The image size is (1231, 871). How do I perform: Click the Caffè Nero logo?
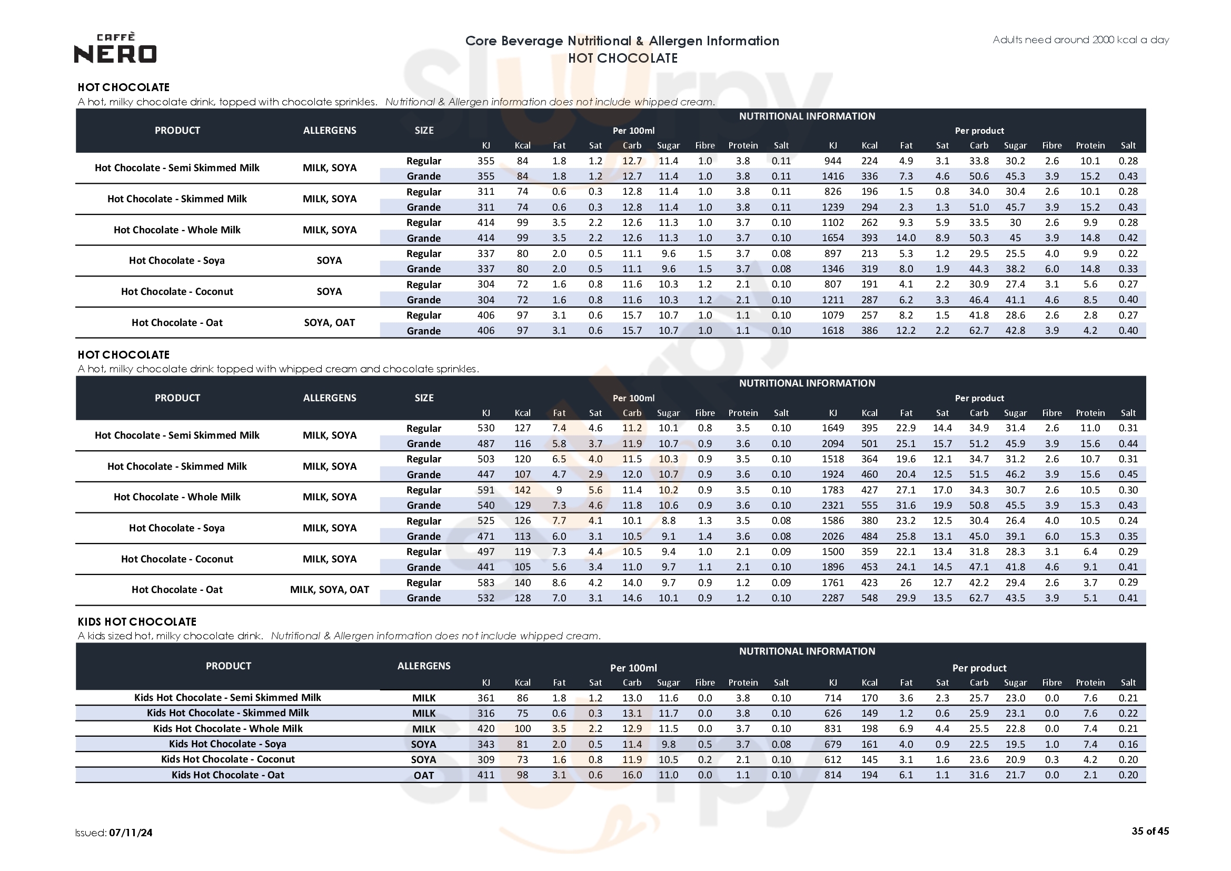point(115,48)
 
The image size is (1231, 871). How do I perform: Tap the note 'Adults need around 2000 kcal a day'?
point(1080,39)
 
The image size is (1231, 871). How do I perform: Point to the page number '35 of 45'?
point(1150,831)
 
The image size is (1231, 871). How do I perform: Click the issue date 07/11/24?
point(130,833)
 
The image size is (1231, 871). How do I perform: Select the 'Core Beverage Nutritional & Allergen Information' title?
point(622,41)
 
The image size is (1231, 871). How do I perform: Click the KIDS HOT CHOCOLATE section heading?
point(137,621)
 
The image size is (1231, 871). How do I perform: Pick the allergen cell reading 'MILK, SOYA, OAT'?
point(329,589)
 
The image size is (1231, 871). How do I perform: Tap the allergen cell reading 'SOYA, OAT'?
point(329,322)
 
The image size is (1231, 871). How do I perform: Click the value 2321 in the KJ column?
point(832,505)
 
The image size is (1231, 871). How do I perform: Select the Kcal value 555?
point(869,505)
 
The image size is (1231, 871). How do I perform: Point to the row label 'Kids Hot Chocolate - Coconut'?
point(228,759)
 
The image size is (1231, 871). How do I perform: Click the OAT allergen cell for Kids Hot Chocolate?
point(423,775)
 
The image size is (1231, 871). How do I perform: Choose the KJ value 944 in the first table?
point(832,161)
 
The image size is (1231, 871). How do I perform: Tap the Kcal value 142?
point(522,490)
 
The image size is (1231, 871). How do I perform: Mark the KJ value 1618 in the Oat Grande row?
point(832,330)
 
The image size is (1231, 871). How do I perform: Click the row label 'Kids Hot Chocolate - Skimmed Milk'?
point(228,713)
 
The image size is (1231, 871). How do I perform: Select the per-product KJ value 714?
point(832,698)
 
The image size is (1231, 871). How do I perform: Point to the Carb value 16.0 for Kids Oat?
point(632,775)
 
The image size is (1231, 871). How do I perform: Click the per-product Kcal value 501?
point(869,443)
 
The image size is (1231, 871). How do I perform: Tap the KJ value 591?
point(486,490)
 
